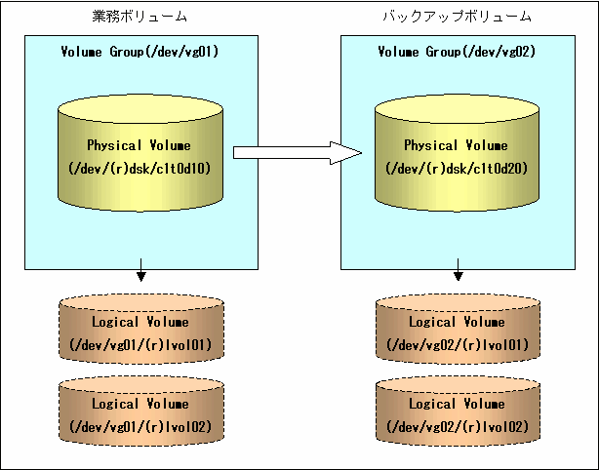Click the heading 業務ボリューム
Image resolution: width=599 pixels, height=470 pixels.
140,17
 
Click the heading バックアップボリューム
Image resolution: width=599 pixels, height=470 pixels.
458,17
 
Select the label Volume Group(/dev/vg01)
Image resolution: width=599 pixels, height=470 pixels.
140,52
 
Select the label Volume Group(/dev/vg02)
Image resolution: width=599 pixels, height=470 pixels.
457,52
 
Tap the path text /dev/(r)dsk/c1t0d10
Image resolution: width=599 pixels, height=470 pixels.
140,169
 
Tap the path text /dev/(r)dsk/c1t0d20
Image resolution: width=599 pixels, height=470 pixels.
457,169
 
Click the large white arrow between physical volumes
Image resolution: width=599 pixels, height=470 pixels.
298,153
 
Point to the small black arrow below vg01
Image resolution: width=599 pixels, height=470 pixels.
140,270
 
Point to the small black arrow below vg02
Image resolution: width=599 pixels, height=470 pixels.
459,270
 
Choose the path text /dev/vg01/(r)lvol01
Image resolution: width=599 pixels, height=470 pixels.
140,345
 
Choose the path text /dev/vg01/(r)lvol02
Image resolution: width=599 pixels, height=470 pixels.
140,427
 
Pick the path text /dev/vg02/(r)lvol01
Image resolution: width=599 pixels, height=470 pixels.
458,345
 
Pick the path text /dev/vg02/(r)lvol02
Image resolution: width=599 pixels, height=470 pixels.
458,427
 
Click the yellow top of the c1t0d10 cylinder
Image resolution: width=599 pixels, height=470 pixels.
140,109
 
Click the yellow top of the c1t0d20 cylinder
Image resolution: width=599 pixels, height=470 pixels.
457,109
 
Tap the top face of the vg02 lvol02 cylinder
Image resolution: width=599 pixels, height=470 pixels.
458,385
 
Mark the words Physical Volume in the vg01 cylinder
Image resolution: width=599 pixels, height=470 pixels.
140,145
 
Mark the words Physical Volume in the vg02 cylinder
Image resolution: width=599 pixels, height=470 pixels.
457,145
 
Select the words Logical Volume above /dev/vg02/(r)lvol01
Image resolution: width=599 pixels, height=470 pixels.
457,322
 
